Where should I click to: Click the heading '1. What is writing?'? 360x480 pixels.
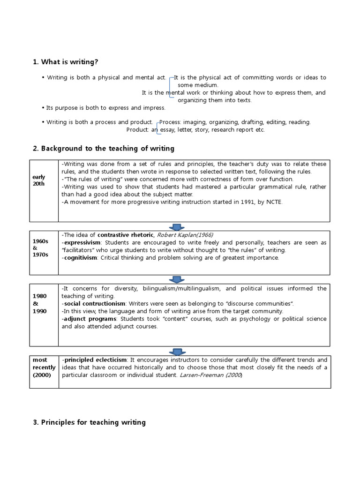click(66, 62)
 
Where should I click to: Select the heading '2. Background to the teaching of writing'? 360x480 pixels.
click(104, 148)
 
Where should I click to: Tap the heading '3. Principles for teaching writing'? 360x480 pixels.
click(90, 422)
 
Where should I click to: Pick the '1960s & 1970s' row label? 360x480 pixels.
click(40, 248)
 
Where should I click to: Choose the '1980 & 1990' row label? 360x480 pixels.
click(40, 303)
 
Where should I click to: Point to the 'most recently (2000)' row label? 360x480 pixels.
click(44, 367)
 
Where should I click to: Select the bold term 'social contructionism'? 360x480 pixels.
click(93, 303)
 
